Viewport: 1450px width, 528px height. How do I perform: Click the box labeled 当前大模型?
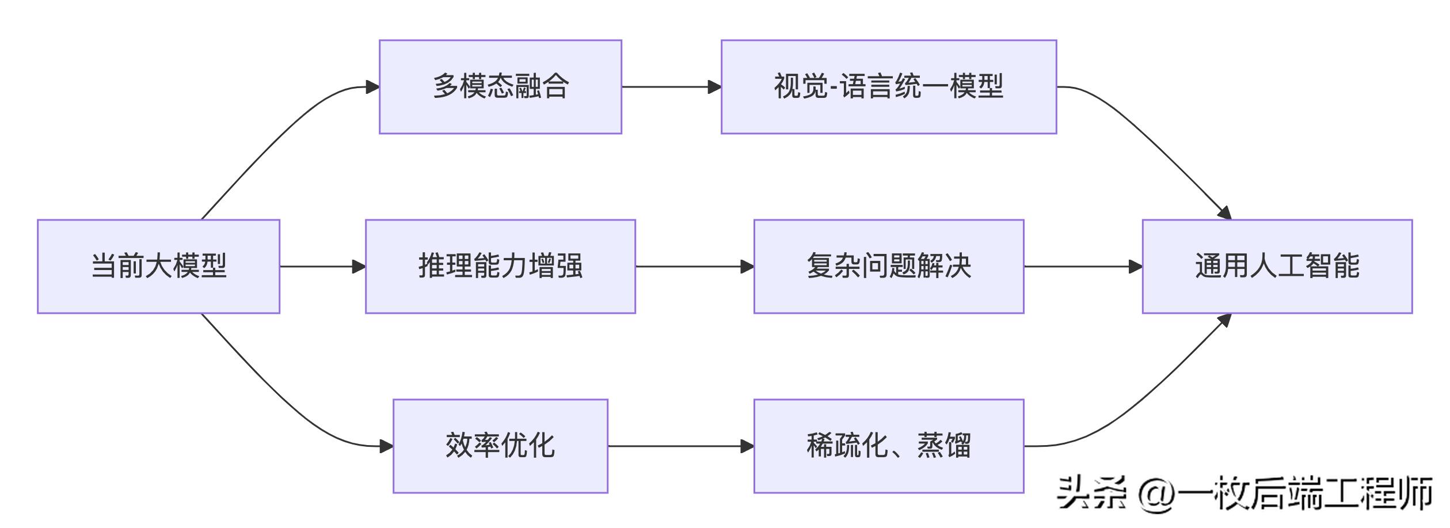click(158, 266)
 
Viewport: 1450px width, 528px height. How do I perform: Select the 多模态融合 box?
click(500, 87)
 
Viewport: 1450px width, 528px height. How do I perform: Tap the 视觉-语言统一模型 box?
click(888, 87)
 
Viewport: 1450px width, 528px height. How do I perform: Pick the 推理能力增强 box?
click(500, 266)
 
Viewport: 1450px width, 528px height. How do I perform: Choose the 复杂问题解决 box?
click(888, 266)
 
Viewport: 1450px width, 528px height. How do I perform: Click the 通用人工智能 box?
click(1277, 266)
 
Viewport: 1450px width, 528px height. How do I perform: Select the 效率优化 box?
click(500, 446)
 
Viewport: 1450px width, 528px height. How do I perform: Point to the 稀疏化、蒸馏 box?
click(888, 446)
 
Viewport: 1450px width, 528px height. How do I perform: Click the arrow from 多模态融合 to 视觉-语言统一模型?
click(671, 87)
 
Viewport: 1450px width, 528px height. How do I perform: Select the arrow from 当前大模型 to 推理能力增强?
click(322, 267)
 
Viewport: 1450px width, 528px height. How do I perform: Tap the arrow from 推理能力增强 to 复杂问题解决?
click(694, 267)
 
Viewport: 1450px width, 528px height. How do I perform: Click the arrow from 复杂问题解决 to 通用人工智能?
click(1082, 267)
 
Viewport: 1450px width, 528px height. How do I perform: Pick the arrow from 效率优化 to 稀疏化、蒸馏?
click(679, 446)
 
